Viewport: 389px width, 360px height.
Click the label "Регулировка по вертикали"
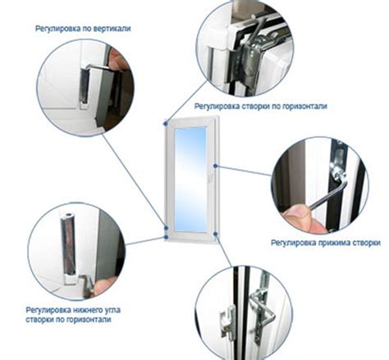click(82, 28)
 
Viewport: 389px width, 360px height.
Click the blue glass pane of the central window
click(190, 176)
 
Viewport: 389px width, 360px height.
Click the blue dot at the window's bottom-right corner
click(214, 235)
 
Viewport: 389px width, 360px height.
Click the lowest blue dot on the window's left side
click(167, 237)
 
